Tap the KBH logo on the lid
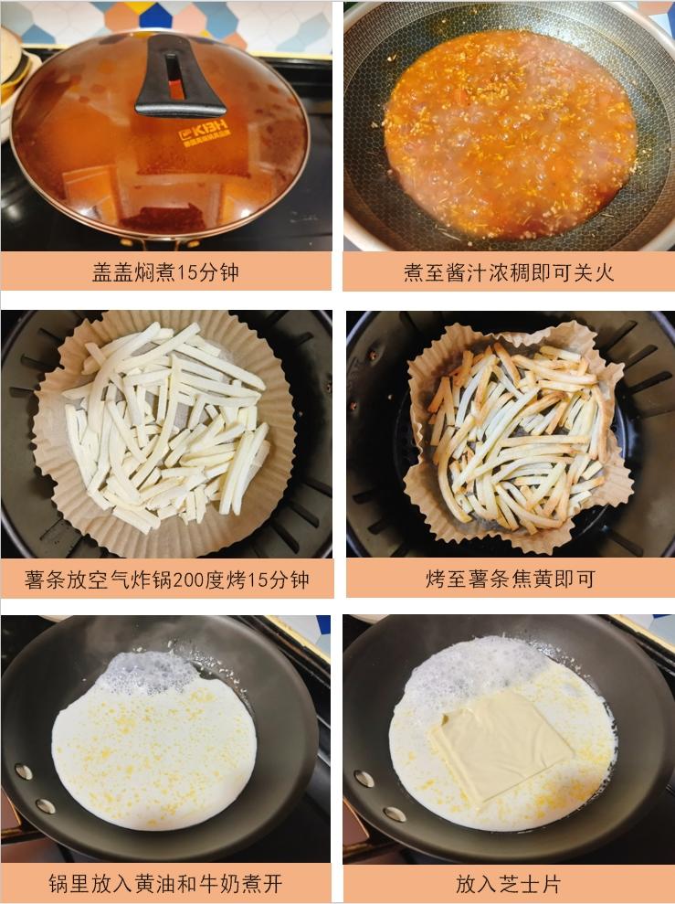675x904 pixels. pyautogui.click(x=204, y=131)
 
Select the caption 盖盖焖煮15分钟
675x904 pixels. pyautogui.click(x=165, y=271)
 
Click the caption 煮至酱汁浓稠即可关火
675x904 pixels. pyautogui.click(x=509, y=272)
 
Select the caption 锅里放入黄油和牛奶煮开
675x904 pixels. pyautogui.click(x=165, y=883)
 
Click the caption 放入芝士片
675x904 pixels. pyautogui.click(x=508, y=883)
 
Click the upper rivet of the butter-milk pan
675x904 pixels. pyautogui.click(x=24, y=771)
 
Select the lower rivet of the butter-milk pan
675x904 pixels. pyautogui.click(x=45, y=805)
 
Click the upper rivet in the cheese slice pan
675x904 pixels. pyautogui.click(x=364, y=778)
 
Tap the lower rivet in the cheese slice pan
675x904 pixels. pyautogui.click(x=395, y=814)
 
